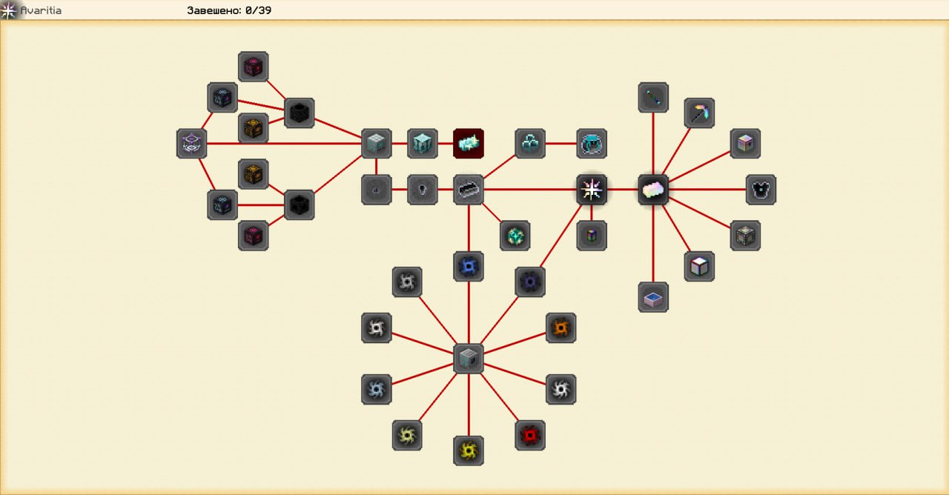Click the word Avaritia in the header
[41, 10]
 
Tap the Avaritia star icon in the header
[9, 10]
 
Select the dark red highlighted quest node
[469, 143]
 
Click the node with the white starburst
[592, 190]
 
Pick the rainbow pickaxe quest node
[699, 113]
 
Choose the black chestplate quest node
[761, 190]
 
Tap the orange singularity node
[561, 328]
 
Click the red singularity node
[530, 436]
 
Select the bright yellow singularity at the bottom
[469, 451]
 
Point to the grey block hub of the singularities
[469, 359]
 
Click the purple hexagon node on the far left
[191, 143]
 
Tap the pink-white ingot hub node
[653, 190]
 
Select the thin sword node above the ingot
[653, 97]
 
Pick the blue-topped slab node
[653, 297]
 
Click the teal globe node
[515, 236]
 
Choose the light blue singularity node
[376, 389]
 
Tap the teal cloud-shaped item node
[530, 143]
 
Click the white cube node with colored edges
[699, 266]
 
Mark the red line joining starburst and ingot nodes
[623, 190]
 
